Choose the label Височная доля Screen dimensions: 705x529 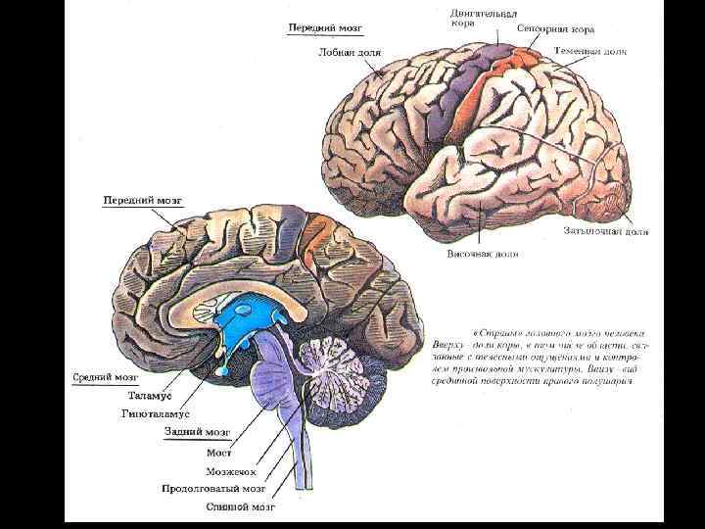478,252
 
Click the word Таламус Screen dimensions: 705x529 151,395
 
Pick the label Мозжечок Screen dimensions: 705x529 217,471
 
